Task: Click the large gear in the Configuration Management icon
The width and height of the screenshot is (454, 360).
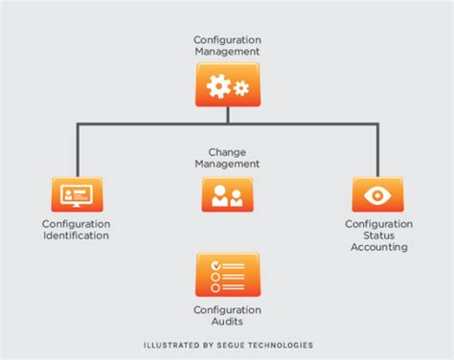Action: coord(219,87)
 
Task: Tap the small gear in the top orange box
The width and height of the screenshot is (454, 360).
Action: coord(240,89)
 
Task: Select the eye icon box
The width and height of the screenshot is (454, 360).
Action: coord(377,193)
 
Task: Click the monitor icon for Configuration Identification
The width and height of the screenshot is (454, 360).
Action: coord(76,194)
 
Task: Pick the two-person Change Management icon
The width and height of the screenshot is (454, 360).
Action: coord(227,194)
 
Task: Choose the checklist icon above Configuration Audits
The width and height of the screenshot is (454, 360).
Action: coord(227,274)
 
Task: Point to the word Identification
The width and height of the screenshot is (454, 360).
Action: coord(76,236)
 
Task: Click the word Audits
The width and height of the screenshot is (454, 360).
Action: coord(227,322)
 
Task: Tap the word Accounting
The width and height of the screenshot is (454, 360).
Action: coord(378,247)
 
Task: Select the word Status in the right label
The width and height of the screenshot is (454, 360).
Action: coord(378,236)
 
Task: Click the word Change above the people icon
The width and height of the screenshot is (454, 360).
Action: coord(227,151)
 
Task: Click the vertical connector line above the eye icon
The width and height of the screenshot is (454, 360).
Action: coord(377,148)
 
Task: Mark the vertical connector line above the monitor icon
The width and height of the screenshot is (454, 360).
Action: coord(76,148)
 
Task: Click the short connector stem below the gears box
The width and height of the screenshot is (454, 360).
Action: coord(227,113)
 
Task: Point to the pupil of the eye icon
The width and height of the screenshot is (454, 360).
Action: coord(377,193)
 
